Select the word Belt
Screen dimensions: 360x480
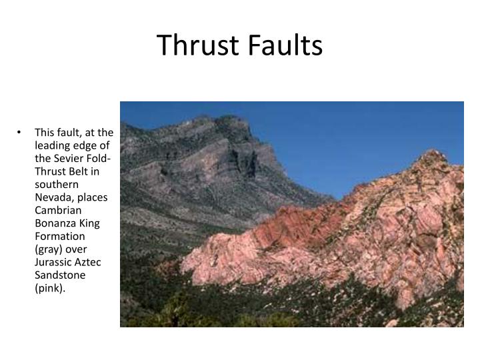tap(81, 170)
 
